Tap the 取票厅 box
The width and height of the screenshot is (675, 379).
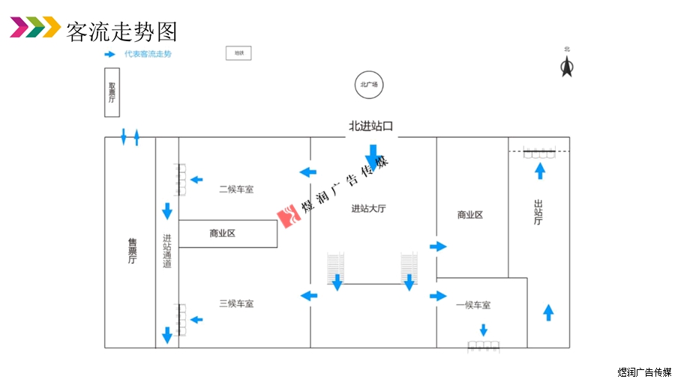(112, 93)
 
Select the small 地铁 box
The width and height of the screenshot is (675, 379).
(238, 53)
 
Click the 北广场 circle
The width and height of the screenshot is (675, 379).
(369, 85)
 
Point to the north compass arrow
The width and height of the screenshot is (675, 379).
(567, 68)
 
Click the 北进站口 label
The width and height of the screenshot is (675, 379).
(370, 126)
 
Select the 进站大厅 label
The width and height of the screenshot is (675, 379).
(368, 209)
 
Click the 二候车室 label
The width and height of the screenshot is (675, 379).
(236, 189)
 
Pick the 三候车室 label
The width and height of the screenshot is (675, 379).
(236, 303)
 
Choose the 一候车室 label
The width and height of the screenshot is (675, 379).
(473, 305)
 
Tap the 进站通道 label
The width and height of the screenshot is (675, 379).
(167, 251)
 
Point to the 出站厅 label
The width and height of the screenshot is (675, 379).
(538, 211)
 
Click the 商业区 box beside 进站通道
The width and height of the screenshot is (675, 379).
(226, 234)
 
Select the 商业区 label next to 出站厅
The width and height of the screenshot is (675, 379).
(470, 215)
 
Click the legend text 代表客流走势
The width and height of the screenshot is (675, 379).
(148, 54)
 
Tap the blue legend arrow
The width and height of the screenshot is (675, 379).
(109, 54)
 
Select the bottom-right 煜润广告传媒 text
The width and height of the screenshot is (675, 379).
(643, 372)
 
